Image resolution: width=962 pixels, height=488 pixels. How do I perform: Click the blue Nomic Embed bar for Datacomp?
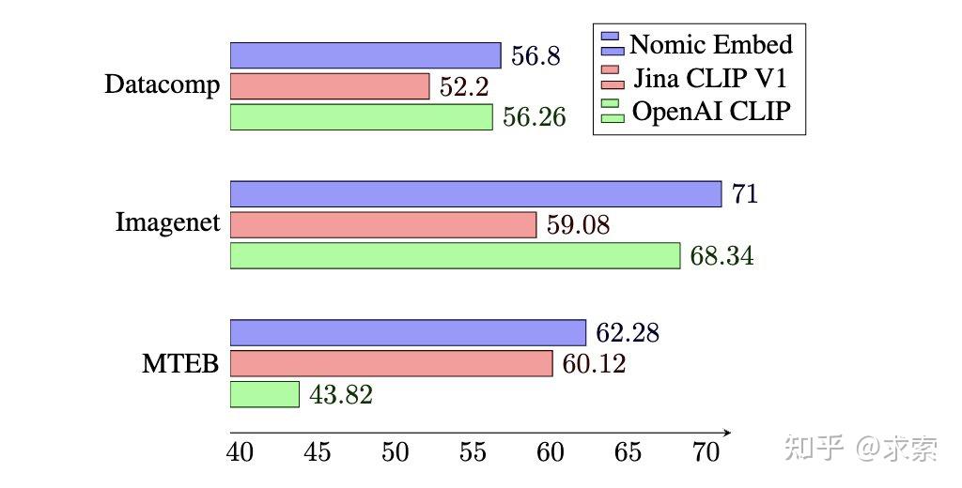coord(365,55)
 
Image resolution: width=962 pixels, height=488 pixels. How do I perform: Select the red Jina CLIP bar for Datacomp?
coord(330,86)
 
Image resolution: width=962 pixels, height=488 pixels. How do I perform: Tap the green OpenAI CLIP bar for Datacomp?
coord(362,117)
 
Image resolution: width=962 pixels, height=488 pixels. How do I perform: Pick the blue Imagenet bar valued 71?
coord(475,194)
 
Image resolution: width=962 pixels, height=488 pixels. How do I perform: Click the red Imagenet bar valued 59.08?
coord(383,225)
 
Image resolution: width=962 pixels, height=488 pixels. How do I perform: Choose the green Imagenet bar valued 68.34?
coord(455,255)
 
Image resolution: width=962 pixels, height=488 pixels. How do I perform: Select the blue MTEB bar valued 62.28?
coord(408,332)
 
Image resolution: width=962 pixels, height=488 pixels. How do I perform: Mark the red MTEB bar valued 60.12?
coord(392,363)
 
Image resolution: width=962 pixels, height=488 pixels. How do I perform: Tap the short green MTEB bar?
coord(265,394)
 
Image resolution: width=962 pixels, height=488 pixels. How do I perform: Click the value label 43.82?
coord(340,395)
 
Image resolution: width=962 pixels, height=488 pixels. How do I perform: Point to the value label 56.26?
coord(534,118)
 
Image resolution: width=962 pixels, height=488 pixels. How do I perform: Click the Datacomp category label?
coord(162,85)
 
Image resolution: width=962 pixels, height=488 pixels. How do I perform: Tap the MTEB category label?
coord(179,363)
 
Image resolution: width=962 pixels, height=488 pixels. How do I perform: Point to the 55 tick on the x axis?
coord(472,452)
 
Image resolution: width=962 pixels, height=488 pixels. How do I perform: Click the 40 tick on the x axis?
coord(240,452)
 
